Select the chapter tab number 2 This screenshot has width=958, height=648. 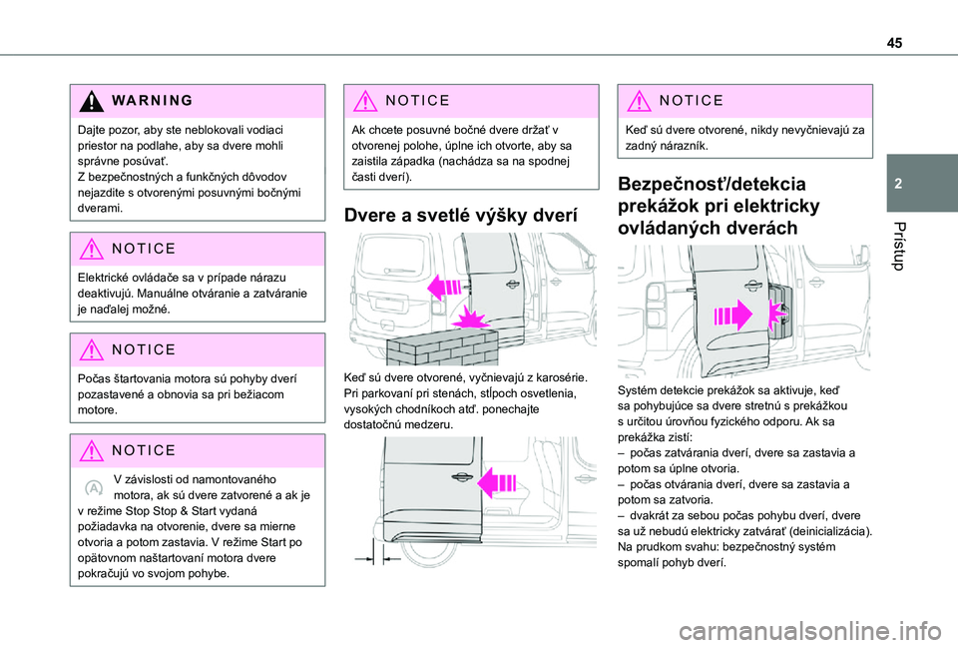click(901, 185)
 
